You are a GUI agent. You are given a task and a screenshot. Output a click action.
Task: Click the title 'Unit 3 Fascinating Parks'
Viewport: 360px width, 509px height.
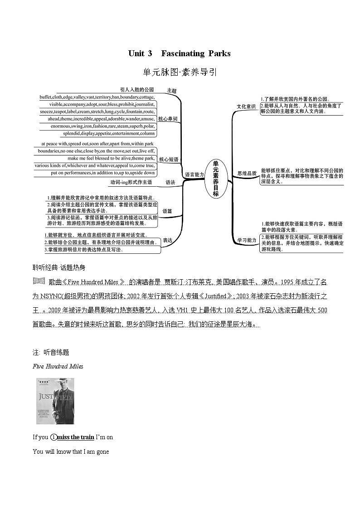(180, 53)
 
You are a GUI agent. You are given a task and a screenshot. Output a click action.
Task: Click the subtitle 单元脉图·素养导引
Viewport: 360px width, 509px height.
(180, 72)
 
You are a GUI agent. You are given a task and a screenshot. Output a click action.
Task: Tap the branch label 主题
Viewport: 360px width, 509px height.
(172, 91)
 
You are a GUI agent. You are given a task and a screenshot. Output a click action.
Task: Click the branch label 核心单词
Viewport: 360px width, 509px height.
(168, 119)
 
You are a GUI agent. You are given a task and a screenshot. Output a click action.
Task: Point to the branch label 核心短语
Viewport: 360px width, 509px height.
(168, 160)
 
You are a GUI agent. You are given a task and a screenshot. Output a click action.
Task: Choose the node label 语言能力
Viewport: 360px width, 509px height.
(195, 175)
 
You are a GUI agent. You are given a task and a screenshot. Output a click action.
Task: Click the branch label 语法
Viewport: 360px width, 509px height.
(170, 183)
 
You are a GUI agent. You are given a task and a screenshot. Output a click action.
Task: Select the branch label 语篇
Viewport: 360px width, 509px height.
(167, 211)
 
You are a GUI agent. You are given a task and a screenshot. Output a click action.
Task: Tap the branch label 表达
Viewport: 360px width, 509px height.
(168, 240)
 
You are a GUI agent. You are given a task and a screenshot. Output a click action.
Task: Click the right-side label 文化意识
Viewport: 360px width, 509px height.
(246, 107)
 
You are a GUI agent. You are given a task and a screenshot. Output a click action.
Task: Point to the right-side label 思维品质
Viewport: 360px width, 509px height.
(247, 173)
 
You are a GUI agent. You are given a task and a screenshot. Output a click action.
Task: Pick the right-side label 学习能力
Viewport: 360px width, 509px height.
(247, 240)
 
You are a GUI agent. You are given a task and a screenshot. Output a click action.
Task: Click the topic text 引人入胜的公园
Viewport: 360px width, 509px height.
(137, 90)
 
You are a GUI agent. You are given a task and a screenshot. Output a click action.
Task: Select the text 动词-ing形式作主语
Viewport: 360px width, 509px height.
(131, 182)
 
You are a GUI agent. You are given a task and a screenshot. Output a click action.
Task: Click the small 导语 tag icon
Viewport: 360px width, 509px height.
(39, 281)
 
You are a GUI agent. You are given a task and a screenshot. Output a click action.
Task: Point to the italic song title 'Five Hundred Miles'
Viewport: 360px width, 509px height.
(58, 366)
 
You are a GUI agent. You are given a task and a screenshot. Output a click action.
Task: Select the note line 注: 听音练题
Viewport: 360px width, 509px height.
(51, 352)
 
